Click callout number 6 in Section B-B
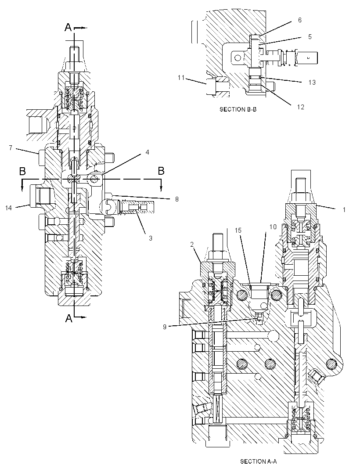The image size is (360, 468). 300,20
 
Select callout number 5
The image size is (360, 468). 310,36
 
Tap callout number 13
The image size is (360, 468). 312,83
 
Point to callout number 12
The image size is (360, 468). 301,107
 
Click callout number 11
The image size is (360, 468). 181,78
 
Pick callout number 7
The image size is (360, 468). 11,148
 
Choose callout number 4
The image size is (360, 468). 147,152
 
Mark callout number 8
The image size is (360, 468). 177,199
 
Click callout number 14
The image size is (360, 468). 8,208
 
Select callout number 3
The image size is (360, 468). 151,238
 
